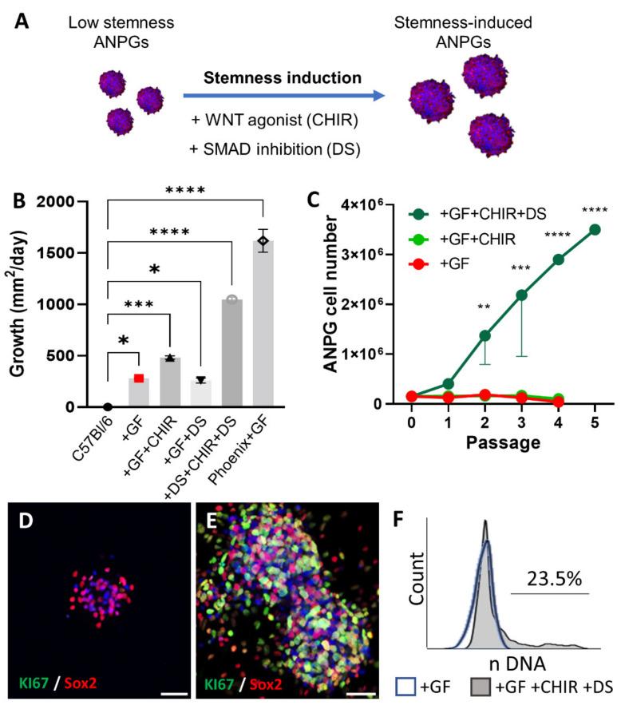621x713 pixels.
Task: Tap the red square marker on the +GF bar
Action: click(x=138, y=378)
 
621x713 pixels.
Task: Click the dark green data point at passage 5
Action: click(x=594, y=230)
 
